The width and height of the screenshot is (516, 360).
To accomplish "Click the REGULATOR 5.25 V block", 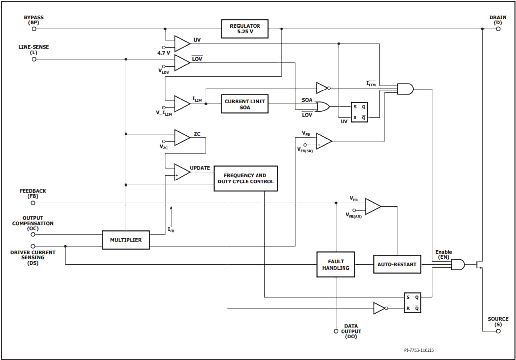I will click(245, 29).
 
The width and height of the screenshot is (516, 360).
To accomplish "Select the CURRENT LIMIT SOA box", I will click(245, 104).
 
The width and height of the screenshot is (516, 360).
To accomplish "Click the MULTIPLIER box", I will click(126, 240).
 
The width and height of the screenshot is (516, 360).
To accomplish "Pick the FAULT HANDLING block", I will click(336, 264).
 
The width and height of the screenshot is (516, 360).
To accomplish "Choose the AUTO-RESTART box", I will click(397, 264).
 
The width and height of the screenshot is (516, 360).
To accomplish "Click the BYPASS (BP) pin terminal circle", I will click(34, 29).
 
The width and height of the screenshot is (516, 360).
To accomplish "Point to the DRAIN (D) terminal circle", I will click(498, 29).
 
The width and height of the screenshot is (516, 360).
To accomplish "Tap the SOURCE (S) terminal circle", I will click(498, 331).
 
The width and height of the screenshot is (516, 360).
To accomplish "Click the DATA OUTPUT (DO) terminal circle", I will click(336, 331).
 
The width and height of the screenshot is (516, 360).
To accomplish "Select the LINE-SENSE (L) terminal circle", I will click(34, 59).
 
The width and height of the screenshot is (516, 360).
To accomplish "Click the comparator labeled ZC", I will click(182, 138).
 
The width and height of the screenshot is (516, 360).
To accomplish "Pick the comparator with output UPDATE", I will click(182, 172).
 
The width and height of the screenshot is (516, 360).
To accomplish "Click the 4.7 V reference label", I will click(163, 53).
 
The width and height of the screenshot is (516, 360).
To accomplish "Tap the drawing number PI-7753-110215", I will click(419, 350).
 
